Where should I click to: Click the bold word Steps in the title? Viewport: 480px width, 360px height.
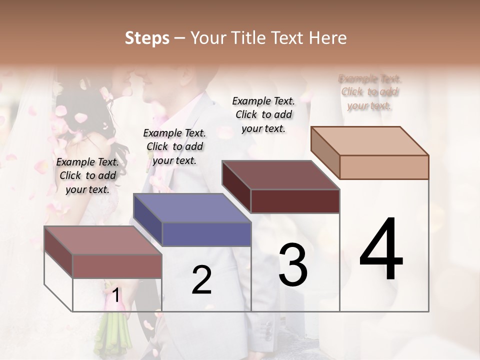click(x=147, y=38)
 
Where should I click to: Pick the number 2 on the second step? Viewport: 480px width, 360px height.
click(x=201, y=280)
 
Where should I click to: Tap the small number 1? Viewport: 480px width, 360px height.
click(x=116, y=295)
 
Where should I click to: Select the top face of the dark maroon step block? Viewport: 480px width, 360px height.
click(x=280, y=175)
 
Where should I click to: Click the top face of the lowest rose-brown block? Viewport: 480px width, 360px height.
click(x=103, y=240)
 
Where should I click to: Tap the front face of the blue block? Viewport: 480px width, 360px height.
click(x=206, y=234)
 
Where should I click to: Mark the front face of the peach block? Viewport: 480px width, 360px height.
click(x=384, y=167)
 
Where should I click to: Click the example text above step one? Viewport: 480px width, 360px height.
click(x=87, y=175)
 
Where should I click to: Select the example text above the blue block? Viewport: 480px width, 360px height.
click(x=174, y=146)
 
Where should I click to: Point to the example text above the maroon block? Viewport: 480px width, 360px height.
click(x=263, y=114)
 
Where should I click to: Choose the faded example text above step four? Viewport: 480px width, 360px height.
click(x=369, y=92)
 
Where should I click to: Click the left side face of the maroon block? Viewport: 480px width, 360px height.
click(x=236, y=186)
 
